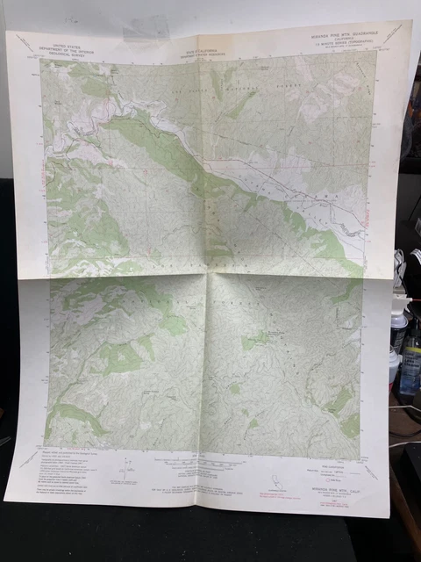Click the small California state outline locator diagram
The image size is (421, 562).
[x=279, y=478]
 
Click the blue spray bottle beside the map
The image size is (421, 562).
[x=409, y=369]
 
